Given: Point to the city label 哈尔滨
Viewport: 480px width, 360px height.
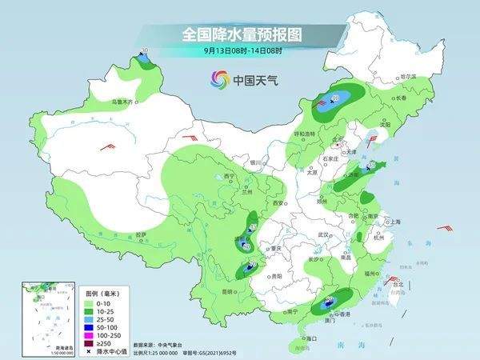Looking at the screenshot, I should tap(409, 76).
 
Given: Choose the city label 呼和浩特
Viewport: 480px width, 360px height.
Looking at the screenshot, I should tap(305, 134).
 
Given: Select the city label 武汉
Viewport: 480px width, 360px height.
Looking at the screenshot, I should tap(324, 234).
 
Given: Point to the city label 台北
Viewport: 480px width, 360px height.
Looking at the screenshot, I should tap(394, 282).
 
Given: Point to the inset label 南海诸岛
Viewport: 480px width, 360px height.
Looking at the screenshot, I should tap(34, 346).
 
